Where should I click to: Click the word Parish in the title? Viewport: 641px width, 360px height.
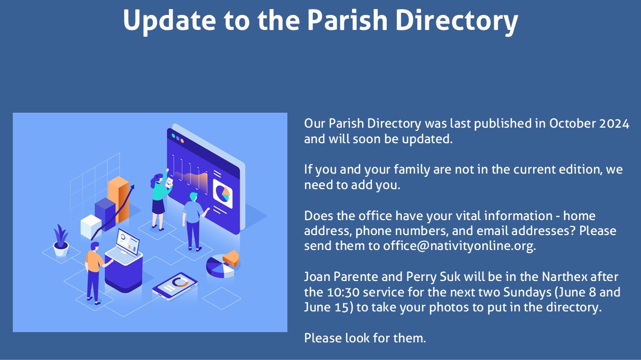[x=347, y=20]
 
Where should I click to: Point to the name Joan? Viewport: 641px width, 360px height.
[x=317, y=277]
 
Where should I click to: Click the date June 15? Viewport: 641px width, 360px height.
[x=326, y=307]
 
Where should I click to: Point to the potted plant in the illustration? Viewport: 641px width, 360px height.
[x=61, y=240]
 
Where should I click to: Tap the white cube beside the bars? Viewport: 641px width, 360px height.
[x=91, y=226]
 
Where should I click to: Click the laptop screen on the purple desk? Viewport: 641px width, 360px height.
[x=128, y=242]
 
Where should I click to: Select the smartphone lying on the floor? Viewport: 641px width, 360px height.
[x=175, y=286]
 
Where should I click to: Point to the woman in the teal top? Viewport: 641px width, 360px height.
[x=159, y=200]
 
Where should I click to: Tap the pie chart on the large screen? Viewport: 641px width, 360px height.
[x=222, y=193]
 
